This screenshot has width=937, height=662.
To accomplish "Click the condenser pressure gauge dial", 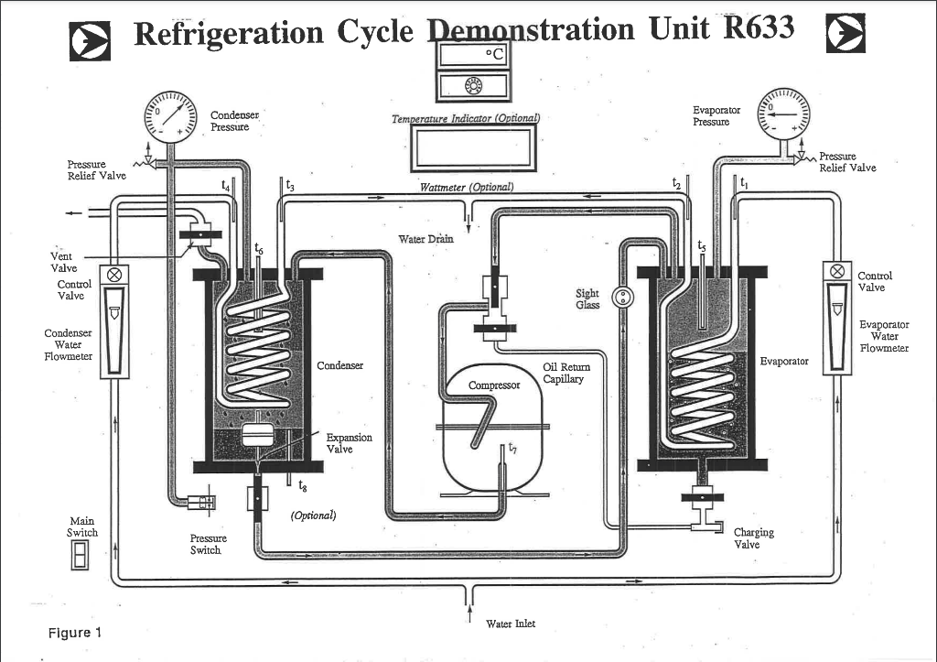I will click(171, 120).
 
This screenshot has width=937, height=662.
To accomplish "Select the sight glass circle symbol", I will click(623, 296).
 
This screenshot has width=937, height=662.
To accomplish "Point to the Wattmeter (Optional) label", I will click(466, 188).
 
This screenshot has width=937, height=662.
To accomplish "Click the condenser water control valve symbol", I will click(115, 274).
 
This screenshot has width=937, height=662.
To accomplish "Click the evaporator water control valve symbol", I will click(836, 272).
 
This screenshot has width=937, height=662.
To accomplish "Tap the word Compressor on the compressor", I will click(494, 385).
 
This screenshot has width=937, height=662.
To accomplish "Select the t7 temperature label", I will click(512, 449).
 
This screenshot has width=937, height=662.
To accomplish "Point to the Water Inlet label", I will click(511, 624).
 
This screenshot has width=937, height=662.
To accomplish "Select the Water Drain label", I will click(425, 240).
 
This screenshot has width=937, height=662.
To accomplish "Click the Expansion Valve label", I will click(349, 443).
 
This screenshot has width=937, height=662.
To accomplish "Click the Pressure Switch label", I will click(208, 544).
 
